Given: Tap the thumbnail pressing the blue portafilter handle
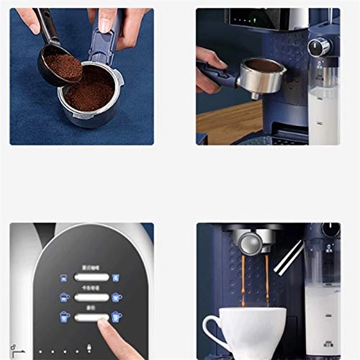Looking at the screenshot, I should [106, 24].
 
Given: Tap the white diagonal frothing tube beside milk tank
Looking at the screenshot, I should [292, 255].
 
